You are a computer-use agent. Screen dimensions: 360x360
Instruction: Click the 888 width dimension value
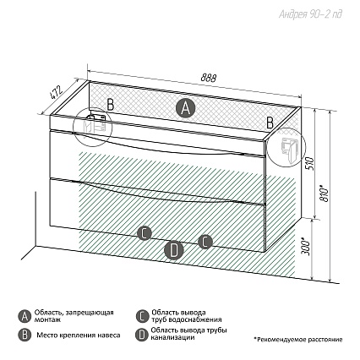point(209,78)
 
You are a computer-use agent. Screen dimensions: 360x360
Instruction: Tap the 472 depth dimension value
point(56,93)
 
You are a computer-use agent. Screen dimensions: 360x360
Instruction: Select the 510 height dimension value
point(310,165)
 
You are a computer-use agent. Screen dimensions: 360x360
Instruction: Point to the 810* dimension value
point(325,193)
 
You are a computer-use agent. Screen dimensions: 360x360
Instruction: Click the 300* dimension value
point(306,247)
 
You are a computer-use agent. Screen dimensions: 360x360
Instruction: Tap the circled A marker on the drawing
point(185,107)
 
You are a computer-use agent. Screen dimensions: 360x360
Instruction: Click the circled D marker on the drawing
point(174,250)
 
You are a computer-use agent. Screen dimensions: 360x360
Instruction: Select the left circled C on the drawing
point(145,233)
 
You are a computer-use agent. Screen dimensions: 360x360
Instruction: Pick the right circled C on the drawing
point(205,242)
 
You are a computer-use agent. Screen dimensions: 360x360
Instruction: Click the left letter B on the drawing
point(111,105)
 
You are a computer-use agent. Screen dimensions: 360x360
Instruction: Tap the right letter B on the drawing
point(270,123)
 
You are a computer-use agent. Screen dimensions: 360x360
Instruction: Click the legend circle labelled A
point(25,316)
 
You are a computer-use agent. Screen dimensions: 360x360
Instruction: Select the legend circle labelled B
point(25,335)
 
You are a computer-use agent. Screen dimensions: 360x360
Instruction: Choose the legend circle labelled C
point(142,316)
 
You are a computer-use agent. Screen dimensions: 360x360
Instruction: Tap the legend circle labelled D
point(142,335)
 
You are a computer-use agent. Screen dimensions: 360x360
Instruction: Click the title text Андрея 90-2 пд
point(310,14)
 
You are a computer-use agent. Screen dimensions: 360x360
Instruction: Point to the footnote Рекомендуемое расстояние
point(300,340)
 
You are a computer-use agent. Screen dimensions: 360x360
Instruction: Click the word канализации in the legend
point(172,337)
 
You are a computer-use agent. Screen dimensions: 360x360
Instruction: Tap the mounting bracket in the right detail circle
point(288,149)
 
